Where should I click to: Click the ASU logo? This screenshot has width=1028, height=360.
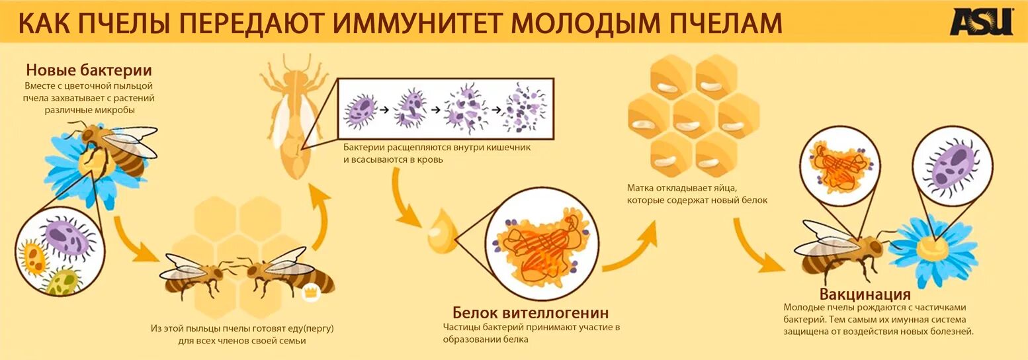(981, 22)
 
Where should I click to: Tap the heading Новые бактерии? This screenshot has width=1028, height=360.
(89, 70)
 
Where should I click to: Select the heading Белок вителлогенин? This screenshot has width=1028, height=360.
(531, 312)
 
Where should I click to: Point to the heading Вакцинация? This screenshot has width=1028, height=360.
(865, 294)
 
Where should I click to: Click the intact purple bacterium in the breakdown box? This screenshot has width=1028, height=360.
(361, 109)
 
